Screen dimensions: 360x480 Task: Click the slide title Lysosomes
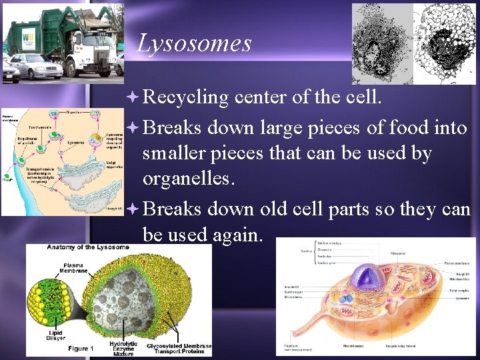(194, 43)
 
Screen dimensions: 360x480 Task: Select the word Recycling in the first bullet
(185, 97)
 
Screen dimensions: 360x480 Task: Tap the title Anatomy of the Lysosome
(88, 248)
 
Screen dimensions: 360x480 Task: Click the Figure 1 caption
(81, 349)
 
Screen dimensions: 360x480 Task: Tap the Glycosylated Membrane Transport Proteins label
(181, 349)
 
